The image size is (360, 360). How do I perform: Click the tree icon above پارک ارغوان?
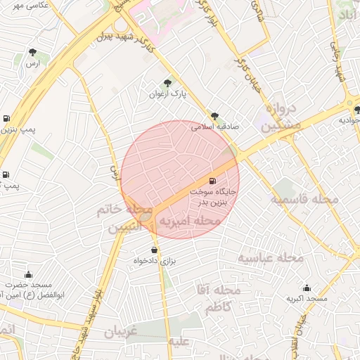point(167,83)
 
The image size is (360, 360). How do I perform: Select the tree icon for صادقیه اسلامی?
point(214,117)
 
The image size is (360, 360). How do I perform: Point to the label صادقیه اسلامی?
point(215,127)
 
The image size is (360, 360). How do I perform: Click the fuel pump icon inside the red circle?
point(213,181)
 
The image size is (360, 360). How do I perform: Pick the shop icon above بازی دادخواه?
point(154,250)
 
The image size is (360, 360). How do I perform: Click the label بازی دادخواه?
point(153,261)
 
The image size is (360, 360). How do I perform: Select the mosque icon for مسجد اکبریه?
point(307,288)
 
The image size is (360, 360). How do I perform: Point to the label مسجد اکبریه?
point(307,298)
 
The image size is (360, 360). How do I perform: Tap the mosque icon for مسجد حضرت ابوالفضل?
point(28,274)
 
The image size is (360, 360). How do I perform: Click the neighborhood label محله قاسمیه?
point(305,200)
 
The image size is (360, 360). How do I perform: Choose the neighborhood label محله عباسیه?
point(269,258)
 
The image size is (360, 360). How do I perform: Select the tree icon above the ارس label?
point(32,51)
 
